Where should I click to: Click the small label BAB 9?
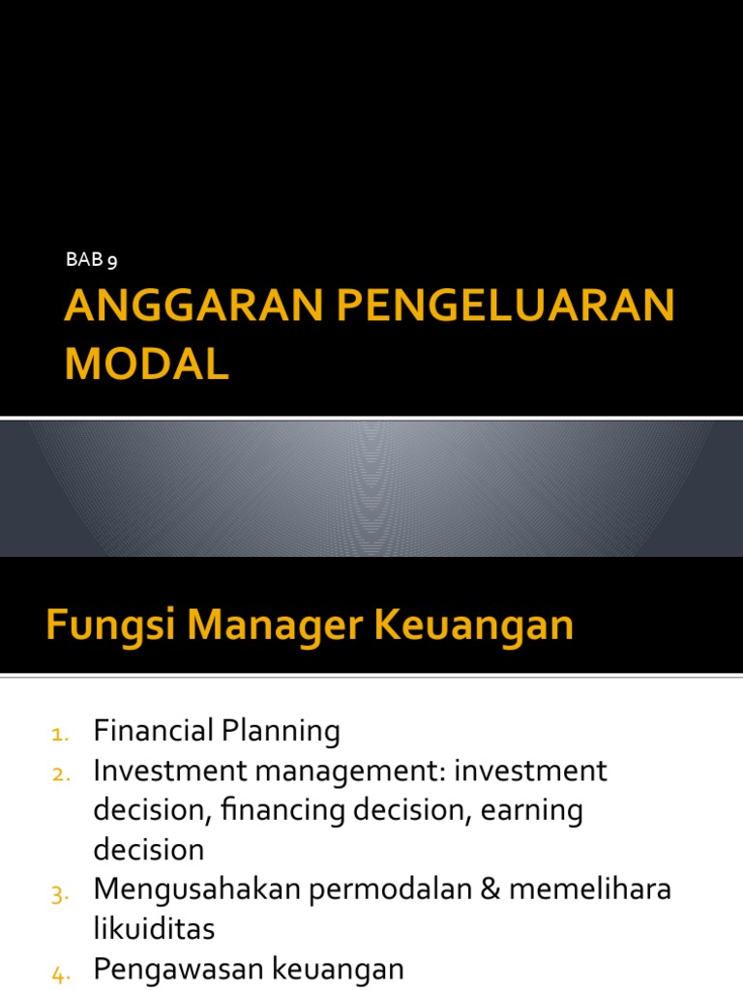91,259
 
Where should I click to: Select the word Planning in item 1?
285,732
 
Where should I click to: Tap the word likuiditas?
154,930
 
